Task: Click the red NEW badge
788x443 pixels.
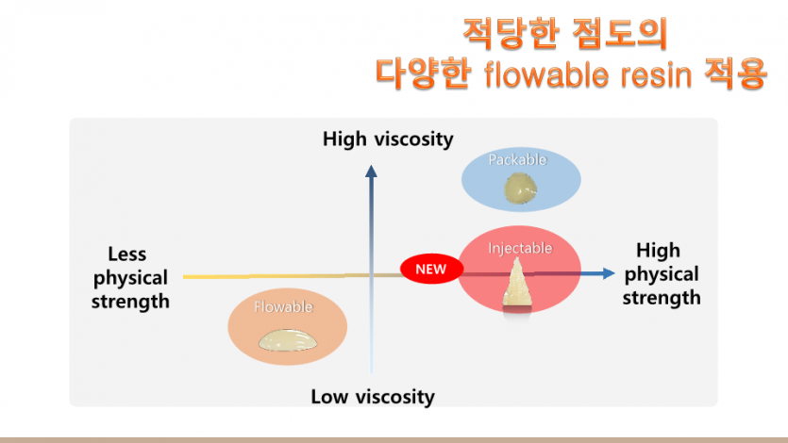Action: point(431,269)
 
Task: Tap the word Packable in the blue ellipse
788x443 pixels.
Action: point(518,159)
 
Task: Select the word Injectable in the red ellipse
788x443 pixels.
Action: point(520,248)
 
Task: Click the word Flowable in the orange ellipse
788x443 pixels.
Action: point(283,306)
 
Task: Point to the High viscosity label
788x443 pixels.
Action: point(388,139)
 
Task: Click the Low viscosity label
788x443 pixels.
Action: point(373,397)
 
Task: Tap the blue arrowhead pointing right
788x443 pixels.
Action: point(608,273)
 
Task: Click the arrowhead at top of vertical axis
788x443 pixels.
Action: point(372,172)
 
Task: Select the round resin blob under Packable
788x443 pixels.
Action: point(520,189)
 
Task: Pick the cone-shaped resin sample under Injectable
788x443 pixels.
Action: point(517,283)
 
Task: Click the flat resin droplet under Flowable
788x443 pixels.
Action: point(288,340)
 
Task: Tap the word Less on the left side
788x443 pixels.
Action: point(127,254)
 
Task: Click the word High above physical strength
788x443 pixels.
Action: point(659,251)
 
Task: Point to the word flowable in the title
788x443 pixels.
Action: point(546,74)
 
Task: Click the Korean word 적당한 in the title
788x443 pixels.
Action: point(511,34)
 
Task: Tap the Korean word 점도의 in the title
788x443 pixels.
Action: point(620,34)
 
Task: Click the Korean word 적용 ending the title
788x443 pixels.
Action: point(736,74)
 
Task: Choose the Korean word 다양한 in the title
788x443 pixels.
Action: point(423,74)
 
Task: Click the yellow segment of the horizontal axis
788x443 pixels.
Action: point(266,276)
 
